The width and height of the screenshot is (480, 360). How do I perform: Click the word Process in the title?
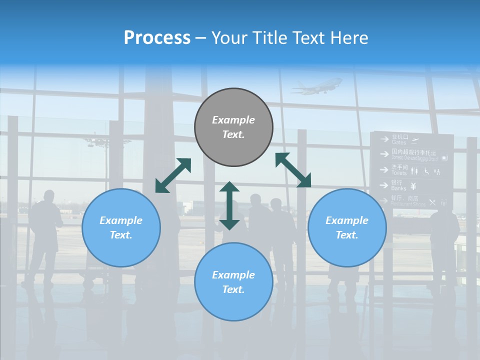(x=157, y=37)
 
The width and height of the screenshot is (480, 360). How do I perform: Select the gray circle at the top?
(x=233, y=127)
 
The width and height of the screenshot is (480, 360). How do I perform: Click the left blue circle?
(x=121, y=227)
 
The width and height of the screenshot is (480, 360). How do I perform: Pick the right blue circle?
(x=347, y=227)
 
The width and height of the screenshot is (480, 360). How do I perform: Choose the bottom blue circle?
(x=233, y=282)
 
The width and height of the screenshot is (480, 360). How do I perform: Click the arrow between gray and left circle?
(x=173, y=175)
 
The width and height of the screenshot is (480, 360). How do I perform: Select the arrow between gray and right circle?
(x=293, y=170)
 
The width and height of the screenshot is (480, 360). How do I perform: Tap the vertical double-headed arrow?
(x=229, y=205)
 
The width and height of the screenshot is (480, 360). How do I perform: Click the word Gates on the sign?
(x=399, y=142)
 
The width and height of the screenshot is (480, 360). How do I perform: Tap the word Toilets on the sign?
(x=399, y=172)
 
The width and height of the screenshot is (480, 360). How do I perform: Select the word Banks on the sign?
(x=399, y=188)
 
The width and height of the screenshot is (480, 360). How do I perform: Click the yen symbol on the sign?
(x=413, y=186)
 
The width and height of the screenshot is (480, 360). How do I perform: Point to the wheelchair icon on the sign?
(x=426, y=171)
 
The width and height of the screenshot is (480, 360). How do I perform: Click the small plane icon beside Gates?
(x=414, y=139)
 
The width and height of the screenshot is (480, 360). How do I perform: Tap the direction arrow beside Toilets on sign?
(x=384, y=169)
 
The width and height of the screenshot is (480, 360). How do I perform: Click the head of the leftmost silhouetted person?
(x=48, y=195)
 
